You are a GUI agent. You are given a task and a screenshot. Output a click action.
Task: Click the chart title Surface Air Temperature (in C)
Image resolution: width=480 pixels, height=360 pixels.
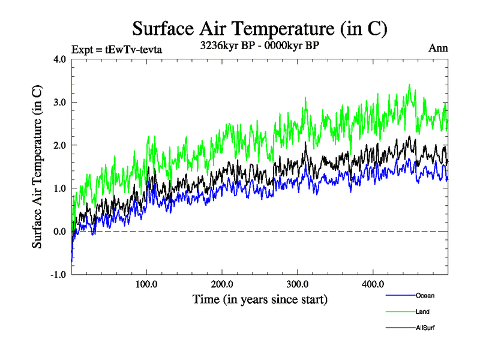(259, 28)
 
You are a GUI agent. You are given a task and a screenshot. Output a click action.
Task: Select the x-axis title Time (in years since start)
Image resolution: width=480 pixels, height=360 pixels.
(260, 298)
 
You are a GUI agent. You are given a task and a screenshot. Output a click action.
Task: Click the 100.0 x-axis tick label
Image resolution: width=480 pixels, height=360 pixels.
(147, 284)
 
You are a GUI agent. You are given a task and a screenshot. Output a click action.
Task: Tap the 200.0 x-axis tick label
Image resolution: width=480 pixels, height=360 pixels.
(222, 284)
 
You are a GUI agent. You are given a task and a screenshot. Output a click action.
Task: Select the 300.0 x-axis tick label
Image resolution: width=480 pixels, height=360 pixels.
(298, 284)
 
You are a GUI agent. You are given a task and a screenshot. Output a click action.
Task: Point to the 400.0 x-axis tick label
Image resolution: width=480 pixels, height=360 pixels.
(373, 284)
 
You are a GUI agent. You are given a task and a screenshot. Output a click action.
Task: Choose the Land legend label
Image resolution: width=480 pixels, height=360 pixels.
(422, 311)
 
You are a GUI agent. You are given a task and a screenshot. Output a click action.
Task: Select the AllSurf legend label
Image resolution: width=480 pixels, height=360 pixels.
(425, 328)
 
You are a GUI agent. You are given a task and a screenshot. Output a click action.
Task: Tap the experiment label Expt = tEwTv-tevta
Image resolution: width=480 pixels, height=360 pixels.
(116, 49)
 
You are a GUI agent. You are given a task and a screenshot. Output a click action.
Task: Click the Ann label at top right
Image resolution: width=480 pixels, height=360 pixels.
(438, 49)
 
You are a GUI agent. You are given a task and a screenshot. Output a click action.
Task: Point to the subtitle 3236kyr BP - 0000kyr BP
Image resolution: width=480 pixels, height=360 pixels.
(260, 44)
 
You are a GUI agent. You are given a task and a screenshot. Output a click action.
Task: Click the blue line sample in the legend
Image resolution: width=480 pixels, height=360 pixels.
(400, 295)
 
